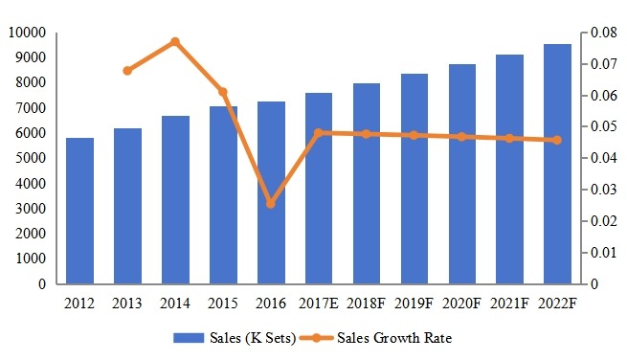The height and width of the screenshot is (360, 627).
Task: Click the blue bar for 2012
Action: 79,211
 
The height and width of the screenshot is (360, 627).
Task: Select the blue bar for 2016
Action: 270,192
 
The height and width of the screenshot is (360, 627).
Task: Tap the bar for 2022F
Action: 557,164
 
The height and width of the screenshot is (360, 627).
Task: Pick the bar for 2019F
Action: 414,179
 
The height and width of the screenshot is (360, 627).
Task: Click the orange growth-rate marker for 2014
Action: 175,42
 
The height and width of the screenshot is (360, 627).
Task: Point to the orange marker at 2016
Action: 270,204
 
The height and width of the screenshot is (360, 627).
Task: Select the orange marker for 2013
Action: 127,71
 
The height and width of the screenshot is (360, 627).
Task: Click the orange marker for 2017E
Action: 318,133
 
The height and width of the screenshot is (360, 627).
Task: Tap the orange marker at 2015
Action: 222,92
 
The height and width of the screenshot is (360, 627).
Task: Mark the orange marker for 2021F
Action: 509,139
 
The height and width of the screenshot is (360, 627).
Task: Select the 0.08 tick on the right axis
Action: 601,33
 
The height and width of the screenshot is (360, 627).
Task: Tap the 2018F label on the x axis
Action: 366,304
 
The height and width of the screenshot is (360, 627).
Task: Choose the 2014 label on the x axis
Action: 175,304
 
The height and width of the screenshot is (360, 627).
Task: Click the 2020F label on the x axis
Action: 461,304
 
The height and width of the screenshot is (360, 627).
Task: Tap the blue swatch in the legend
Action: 197,338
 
